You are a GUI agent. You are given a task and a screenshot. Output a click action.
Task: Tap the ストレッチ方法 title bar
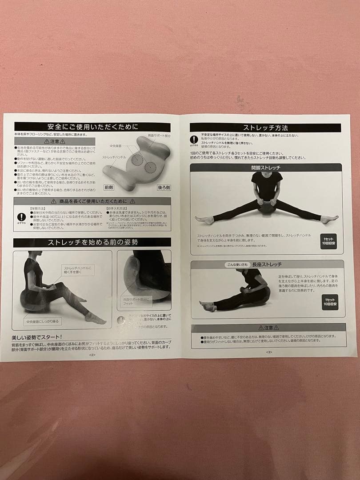[x=265, y=128]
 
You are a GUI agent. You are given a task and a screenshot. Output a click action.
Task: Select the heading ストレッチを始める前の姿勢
[x=92, y=242]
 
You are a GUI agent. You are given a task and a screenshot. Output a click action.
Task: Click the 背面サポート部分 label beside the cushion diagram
[x=159, y=136]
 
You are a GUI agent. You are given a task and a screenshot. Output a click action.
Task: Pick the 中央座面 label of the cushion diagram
[x=116, y=146]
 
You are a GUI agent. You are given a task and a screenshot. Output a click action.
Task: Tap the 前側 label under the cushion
[x=108, y=188]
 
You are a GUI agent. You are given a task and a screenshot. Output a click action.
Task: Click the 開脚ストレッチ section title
[x=266, y=168]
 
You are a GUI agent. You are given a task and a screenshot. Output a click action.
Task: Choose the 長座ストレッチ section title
[x=267, y=264]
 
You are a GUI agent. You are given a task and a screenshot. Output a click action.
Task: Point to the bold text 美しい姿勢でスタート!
[x=37, y=337]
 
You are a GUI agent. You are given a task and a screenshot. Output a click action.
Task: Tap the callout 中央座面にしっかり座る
[x=42, y=320]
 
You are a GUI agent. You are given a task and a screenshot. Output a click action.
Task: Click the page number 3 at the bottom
[x=269, y=352]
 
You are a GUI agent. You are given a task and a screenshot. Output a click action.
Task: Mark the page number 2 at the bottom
[x=92, y=355]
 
